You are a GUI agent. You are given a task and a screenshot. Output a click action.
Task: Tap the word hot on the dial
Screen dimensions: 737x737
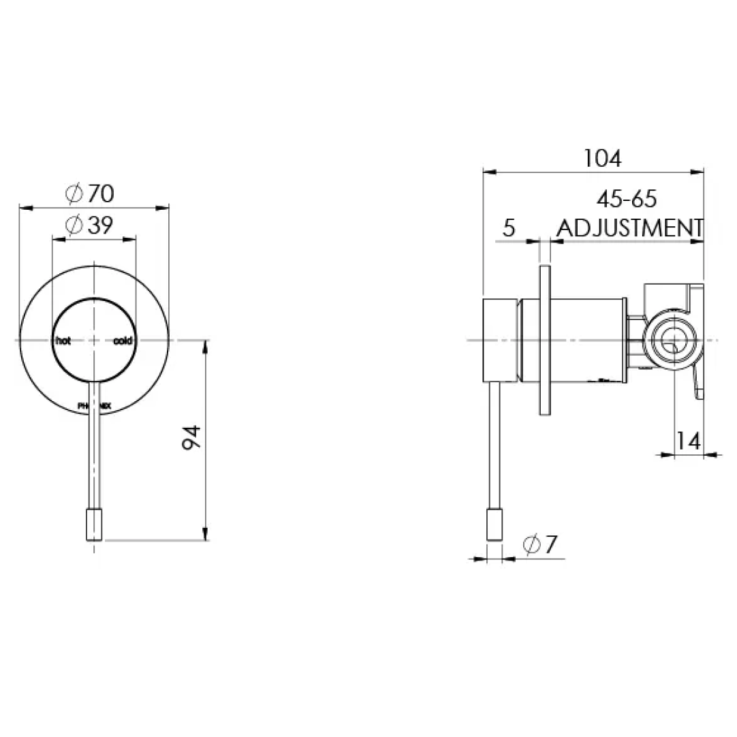click(x=63, y=341)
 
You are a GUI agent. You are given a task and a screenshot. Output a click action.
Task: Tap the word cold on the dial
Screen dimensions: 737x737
click(x=123, y=341)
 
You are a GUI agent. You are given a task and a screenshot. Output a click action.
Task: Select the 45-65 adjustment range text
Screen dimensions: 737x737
click(x=626, y=200)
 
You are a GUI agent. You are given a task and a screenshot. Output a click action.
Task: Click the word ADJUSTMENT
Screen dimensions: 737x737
click(x=630, y=228)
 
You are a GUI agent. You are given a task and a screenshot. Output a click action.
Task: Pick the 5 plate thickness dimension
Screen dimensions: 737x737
click(x=509, y=228)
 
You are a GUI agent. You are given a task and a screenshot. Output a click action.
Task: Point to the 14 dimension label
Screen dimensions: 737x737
click(x=689, y=441)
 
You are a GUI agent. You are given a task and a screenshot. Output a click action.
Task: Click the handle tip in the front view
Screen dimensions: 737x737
click(x=93, y=522)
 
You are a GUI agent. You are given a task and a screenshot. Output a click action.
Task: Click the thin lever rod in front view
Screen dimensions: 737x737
click(x=94, y=450)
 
